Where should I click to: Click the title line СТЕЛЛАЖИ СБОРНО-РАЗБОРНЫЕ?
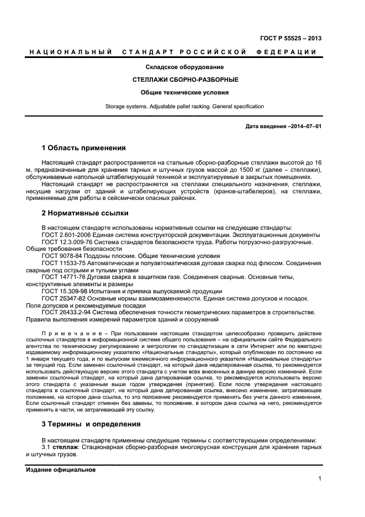177,80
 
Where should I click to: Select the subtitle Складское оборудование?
177,67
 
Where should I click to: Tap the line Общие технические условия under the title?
177,93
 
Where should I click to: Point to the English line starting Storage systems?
177,106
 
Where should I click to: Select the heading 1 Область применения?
83,148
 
